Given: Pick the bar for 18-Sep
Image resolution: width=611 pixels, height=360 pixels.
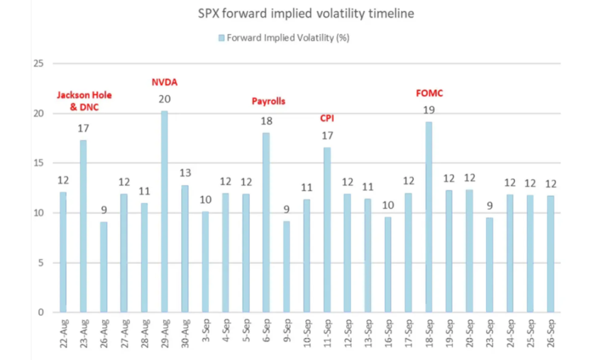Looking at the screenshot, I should [429, 217].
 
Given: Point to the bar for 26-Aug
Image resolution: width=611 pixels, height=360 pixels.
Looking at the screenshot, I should [104, 266].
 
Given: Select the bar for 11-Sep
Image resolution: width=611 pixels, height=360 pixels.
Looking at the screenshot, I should [328, 229].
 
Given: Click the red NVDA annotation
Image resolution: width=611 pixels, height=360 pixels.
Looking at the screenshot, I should [165, 82].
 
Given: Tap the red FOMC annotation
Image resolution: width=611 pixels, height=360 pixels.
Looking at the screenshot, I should [429, 94].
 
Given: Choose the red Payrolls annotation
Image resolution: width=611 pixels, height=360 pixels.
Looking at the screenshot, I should [268, 101].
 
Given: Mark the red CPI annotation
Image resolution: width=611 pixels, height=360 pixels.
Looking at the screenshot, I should [328, 117].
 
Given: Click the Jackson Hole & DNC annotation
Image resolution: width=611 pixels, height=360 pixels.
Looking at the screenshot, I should [84, 101].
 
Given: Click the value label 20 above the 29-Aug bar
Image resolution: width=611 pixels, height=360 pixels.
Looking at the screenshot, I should [165, 99].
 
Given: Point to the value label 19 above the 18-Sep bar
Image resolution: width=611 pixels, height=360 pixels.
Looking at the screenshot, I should [429, 110].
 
